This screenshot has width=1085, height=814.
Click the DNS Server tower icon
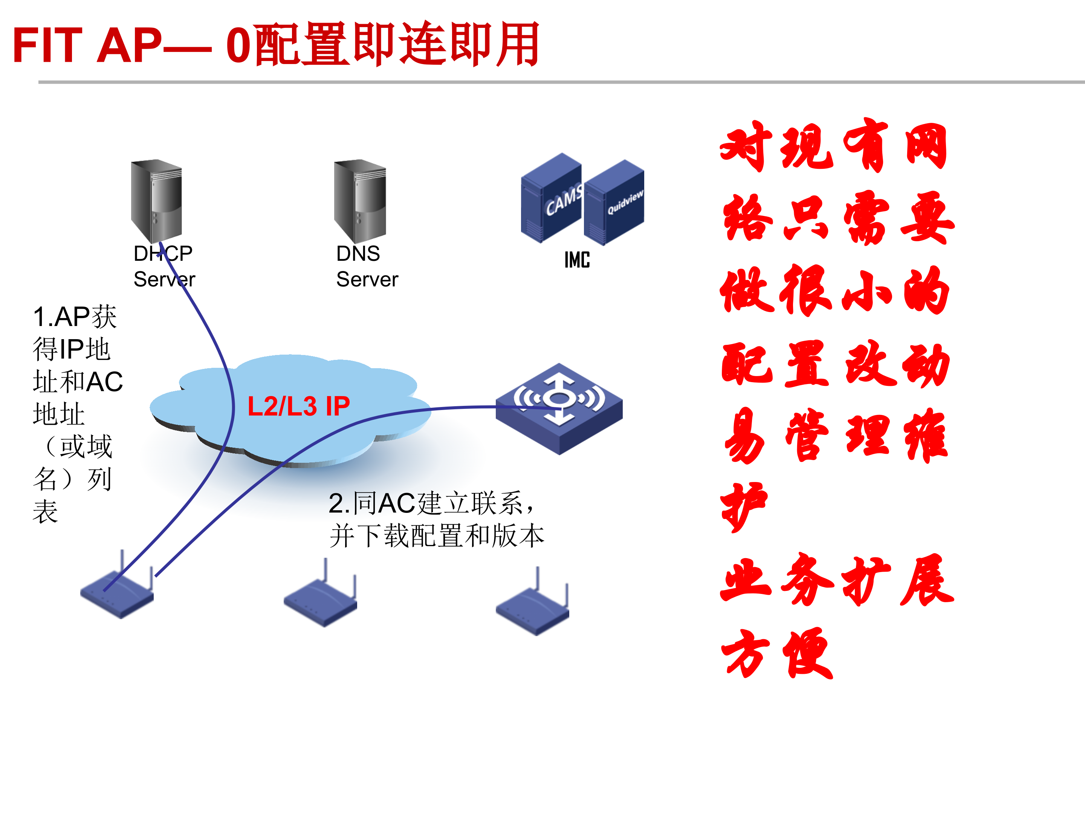click(x=360, y=200)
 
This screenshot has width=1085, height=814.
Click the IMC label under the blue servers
click(x=577, y=260)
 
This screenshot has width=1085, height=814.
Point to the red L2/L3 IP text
click(x=298, y=406)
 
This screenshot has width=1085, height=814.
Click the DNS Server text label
click(x=367, y=266)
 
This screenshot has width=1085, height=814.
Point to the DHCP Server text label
click(x=164, y=266)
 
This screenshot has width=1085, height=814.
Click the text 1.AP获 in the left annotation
click(x=75, y=317)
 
